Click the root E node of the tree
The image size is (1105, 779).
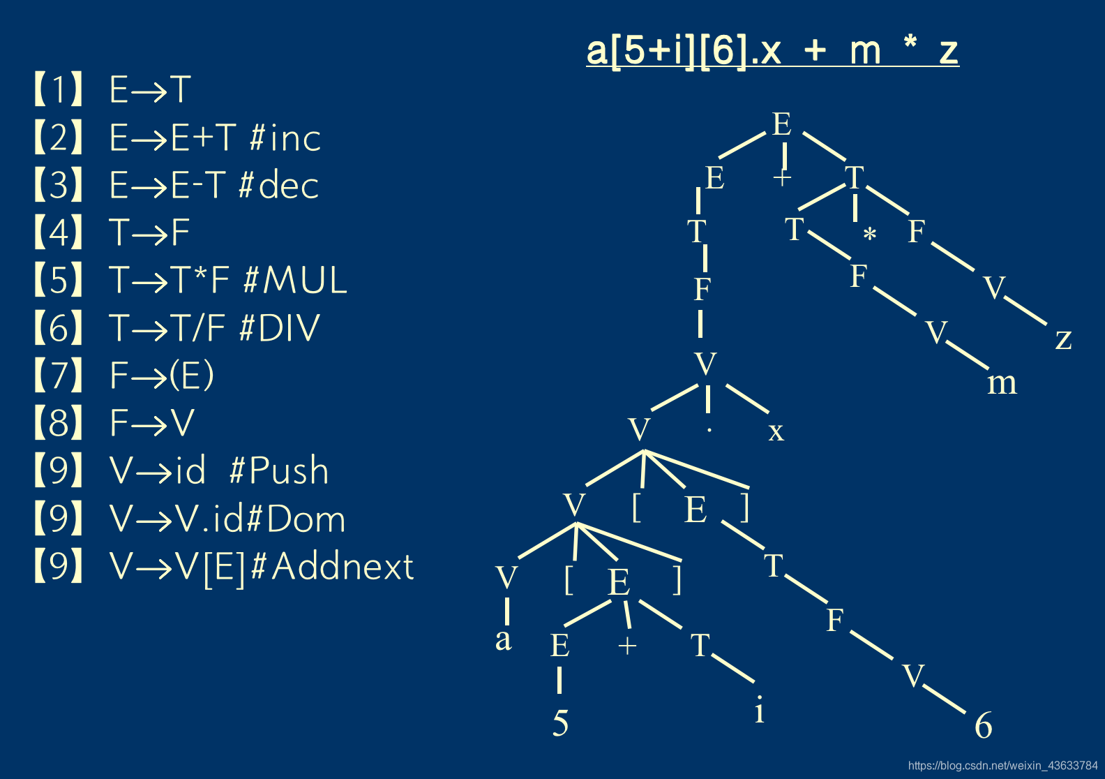[781, 125]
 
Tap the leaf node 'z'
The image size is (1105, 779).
[1063, 339]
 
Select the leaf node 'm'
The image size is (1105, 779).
[1002, 383]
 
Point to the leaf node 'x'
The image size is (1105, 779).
[776, 431]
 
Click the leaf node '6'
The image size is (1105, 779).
[983, 726]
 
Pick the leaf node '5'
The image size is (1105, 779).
[560, 723]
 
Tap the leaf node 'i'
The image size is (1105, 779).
[759, 711]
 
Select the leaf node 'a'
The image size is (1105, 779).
[503, 639]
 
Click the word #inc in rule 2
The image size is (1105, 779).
[285, 138]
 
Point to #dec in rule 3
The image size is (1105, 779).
[278, 185]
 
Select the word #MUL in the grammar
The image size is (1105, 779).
[296, 281]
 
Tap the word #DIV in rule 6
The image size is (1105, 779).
[280, 328]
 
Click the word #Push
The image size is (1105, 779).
[279, 470]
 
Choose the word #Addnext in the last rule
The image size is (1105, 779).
[332, 566]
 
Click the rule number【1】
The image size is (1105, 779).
[59, 89]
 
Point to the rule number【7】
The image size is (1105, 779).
[59, 376]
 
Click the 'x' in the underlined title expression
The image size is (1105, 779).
[769, 51]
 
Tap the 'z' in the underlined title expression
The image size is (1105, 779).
[948, 51]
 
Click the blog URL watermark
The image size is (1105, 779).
[1002, 766]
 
